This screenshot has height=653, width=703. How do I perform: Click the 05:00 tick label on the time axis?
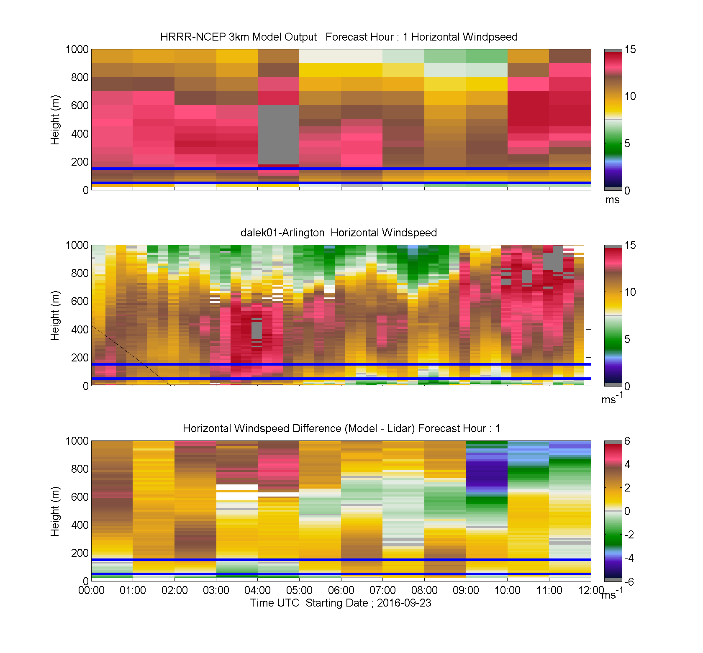299,590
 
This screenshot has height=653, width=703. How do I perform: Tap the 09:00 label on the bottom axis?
466,590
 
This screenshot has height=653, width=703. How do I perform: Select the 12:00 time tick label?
591,590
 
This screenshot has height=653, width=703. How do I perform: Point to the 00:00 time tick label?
91,590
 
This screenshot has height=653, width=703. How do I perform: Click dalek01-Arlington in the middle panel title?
282,233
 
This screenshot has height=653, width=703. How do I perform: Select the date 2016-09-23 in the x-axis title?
404,603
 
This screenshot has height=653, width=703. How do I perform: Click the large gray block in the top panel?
278,135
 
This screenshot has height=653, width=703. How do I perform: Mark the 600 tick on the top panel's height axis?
80,105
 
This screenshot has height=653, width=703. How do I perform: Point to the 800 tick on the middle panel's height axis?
80,273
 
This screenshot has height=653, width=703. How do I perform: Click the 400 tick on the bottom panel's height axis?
80,525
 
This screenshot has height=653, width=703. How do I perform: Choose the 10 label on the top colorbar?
630,96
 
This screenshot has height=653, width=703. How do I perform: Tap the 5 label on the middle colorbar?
627,339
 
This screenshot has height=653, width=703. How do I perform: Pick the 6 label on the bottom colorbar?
627,441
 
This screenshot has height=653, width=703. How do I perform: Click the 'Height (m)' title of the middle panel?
55,315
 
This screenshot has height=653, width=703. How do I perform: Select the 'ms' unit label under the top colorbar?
612,200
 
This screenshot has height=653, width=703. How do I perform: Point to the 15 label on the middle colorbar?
630,245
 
